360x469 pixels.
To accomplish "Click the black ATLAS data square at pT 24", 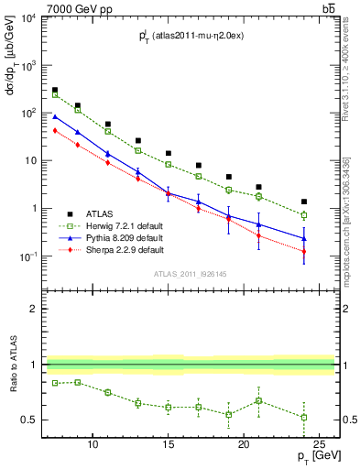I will pos(304,202).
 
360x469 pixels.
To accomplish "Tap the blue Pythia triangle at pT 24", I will pos(304,238).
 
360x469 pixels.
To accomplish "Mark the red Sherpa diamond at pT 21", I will pos(258,235).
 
